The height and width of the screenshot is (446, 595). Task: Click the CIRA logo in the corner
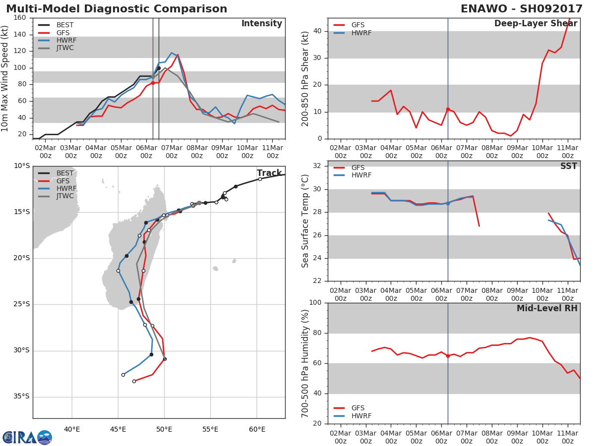(27, 437)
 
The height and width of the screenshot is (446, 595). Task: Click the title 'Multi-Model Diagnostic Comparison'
(117, 9)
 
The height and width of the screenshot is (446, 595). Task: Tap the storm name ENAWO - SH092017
(521, 9)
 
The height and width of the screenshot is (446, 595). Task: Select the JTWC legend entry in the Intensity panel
(56, 48)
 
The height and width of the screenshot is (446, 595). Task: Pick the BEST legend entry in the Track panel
(56, 173)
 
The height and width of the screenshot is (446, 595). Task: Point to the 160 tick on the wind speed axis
(19, 18)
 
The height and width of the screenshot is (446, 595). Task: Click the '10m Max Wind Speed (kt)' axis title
(4, 78)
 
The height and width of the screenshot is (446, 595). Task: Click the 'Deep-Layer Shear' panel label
(535, 24)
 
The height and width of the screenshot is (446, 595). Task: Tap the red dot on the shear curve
(448, 109)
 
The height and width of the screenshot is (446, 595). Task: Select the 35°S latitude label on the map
(21, 396)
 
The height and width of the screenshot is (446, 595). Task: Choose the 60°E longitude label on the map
(257, 429)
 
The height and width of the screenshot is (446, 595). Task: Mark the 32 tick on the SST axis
(317, 166)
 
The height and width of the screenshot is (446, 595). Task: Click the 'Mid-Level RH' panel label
(547, 308)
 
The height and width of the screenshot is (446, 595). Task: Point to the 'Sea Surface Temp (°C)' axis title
(305, 221)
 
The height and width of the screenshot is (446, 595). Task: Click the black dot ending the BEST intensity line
(159, 68)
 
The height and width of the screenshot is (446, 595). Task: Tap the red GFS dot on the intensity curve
(153, 83)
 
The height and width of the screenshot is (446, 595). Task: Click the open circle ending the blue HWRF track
(123, 375)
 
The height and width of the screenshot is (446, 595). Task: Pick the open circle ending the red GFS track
(134, 381)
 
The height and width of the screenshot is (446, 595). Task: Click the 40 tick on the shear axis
(317, 31)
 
